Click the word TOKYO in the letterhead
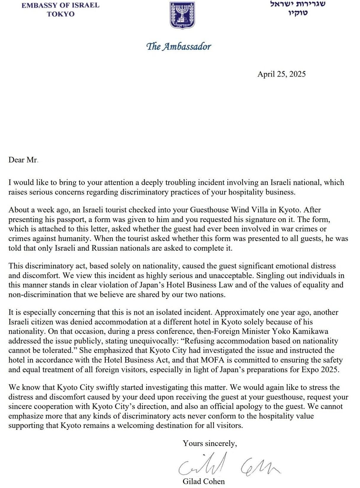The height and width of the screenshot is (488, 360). pos(60,14)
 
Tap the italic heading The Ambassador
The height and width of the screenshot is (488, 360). pos(179,46)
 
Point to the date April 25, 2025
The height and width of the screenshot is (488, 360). pos(281,74)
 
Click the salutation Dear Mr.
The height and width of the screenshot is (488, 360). pos(23,160)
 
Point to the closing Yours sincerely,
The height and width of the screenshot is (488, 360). pos(210,443)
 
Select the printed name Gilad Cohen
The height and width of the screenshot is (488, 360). pos(203,481)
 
